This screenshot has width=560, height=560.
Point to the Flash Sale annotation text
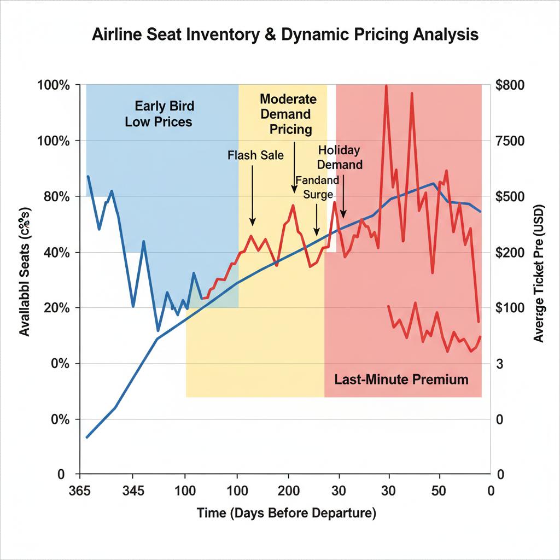point(255,155)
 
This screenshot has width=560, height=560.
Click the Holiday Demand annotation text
point(340,157)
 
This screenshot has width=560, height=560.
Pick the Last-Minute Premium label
point(401,380)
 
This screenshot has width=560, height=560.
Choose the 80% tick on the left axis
point(54,197)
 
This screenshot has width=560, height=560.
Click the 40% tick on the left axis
point(54,253)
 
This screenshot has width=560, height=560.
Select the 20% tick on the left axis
point(54,308)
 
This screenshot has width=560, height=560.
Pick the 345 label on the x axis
point(135,491)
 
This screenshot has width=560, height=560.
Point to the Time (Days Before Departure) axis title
point(286,514)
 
